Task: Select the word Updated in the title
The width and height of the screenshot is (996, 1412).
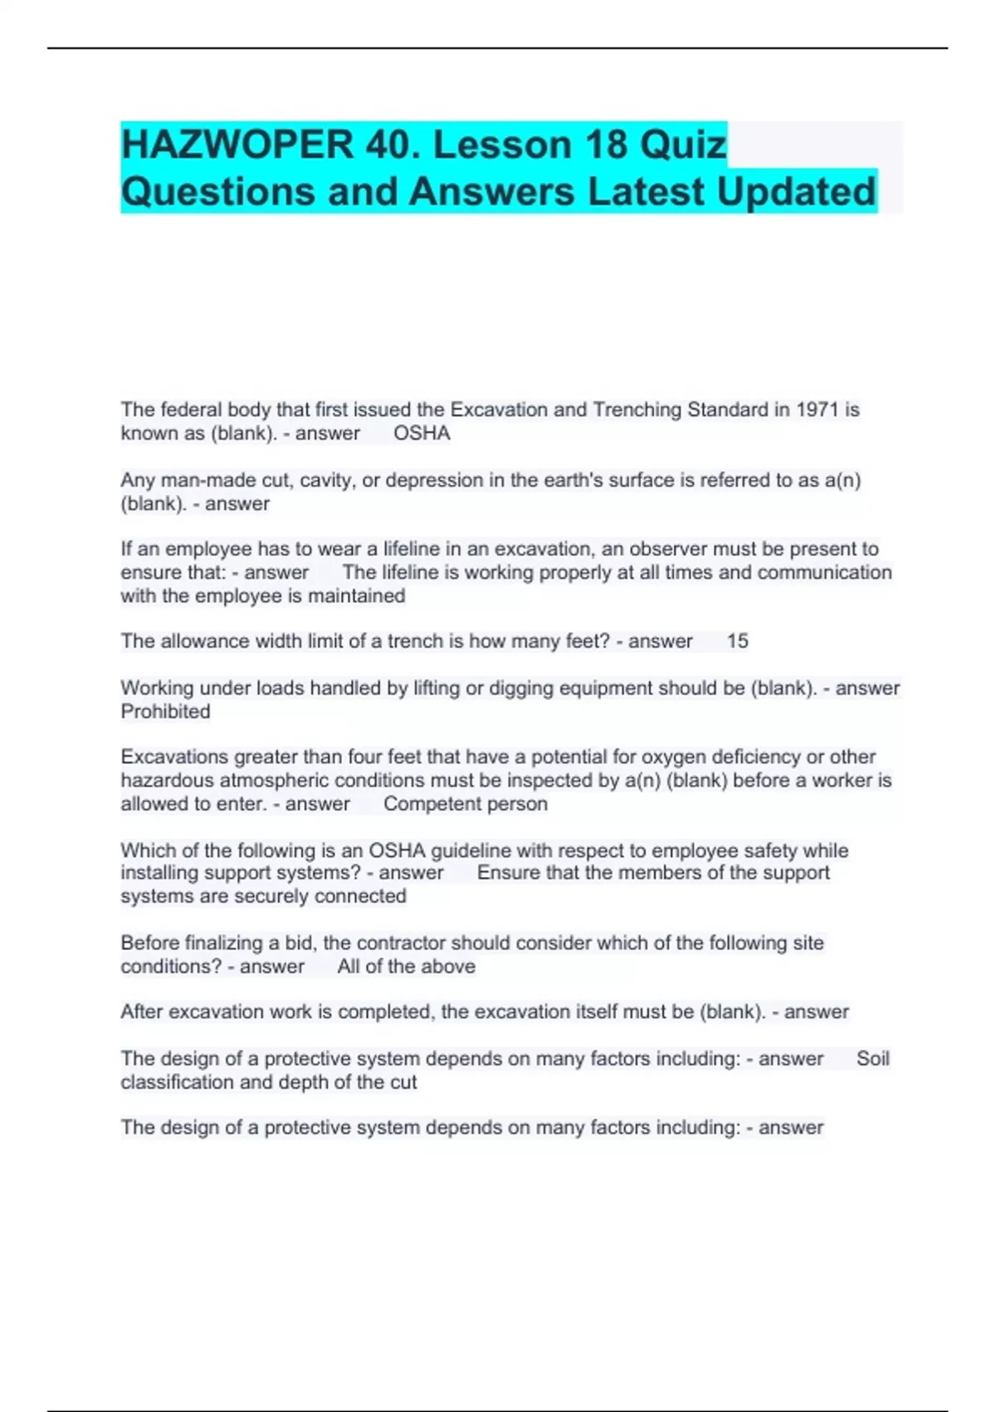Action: click(796, 192)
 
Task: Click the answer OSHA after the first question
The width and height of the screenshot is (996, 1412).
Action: click(422, 434)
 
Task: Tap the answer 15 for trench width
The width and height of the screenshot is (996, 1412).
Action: click(737, 641)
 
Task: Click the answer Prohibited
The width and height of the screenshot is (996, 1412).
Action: click(165, 712)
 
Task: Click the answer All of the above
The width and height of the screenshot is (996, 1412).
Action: click(406, 967)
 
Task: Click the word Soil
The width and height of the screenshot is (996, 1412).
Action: click(872, 1059)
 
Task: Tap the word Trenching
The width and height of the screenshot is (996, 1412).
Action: click(637, 410)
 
